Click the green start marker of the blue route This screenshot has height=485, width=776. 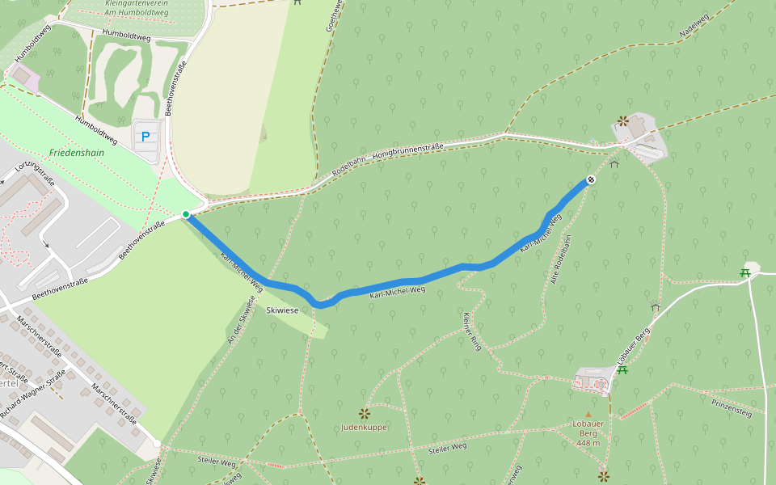[x=186, y=214]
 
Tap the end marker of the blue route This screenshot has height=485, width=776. [x=591, y=179]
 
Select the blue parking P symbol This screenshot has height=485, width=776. [x=145, y=137]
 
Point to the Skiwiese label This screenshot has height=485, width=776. [x=282, y=310]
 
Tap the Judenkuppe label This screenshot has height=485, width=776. [x=364, y=427]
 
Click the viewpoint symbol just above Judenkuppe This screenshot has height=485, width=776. [x=365, y=413]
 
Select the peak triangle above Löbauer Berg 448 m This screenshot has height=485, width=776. [x=588, y=414]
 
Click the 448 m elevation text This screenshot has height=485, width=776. [x=588, y=442]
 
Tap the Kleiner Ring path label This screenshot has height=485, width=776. [x=471, y=331]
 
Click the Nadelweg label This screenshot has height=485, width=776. [x=694, y=27]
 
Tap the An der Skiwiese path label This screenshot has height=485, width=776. [x=240, y=325]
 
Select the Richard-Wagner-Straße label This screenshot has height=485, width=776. [x=32, y=394]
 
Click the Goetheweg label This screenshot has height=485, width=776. [x=331, y=16]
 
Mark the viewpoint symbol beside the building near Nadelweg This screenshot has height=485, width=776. [x=622, y=121]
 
